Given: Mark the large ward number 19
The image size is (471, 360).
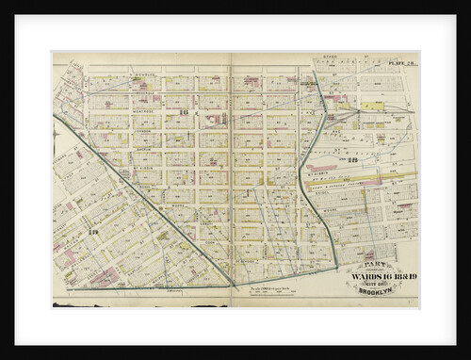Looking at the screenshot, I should [x=93, y=232].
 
